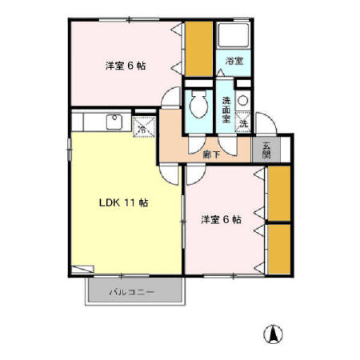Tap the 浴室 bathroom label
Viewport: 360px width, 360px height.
click(234, 62)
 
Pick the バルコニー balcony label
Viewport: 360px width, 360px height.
click(132, 292)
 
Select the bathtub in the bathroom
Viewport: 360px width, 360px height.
click(234, 35)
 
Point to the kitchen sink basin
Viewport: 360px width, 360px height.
click(115, 122)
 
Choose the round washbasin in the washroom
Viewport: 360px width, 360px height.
click(245, 101)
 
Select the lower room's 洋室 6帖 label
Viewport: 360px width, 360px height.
click(222, 218)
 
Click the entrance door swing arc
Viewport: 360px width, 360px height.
click(271, 132)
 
